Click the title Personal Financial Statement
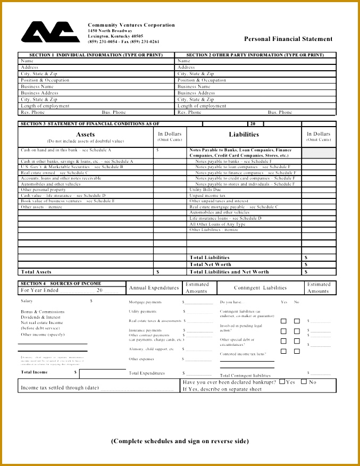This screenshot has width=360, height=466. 288,39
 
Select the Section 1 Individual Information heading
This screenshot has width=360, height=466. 96,55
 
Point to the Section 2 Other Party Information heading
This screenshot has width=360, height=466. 255,55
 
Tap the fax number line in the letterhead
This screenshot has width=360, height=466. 123,41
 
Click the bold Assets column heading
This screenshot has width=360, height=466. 86,135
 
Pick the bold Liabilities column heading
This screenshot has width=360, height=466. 244,135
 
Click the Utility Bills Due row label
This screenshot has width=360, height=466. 205,190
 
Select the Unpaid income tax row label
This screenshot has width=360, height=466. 207,196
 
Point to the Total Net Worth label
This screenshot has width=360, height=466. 210,264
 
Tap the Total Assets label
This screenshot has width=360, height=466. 36,272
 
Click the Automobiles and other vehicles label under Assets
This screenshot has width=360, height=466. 51,184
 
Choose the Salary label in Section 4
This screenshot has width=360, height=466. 27,301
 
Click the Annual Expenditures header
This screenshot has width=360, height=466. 154,288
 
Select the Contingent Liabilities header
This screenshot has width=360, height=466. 260,288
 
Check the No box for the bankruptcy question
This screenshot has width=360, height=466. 304,381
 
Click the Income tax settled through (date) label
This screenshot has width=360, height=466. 60,388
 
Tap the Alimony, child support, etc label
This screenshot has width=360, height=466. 151,349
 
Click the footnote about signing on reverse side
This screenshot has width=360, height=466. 180,441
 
